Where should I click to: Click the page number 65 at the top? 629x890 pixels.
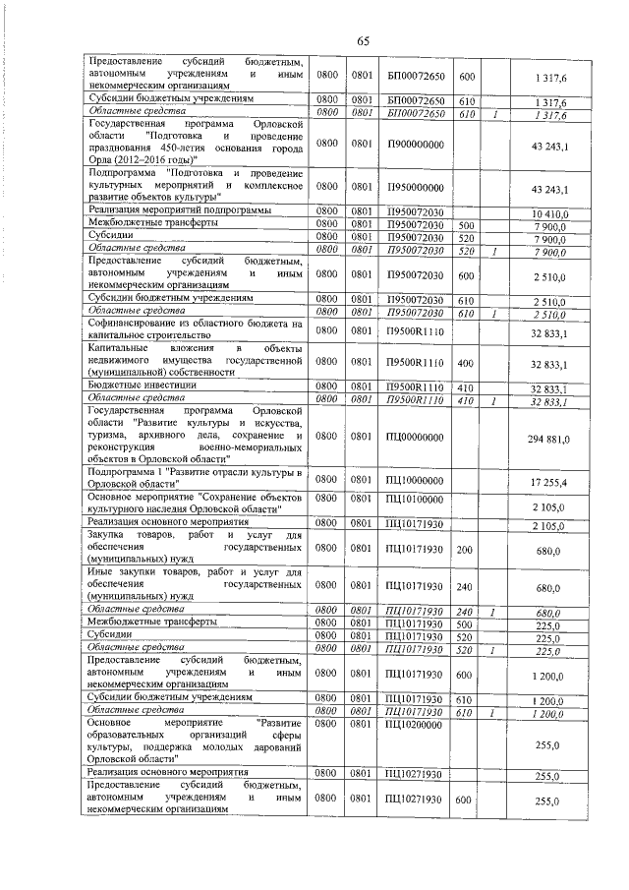coord(362,39)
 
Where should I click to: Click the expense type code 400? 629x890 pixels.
coord(467,365)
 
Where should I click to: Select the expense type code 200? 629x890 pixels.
coord(467,551)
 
